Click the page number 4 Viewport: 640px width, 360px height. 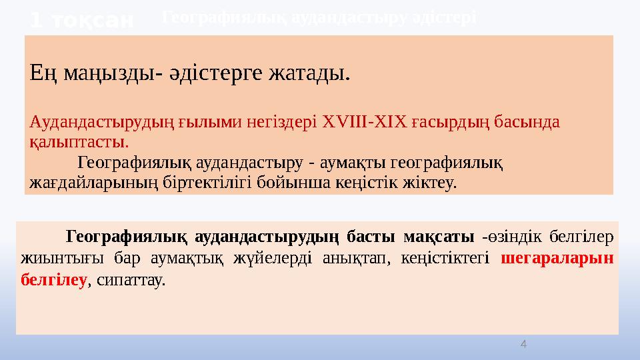523,344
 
